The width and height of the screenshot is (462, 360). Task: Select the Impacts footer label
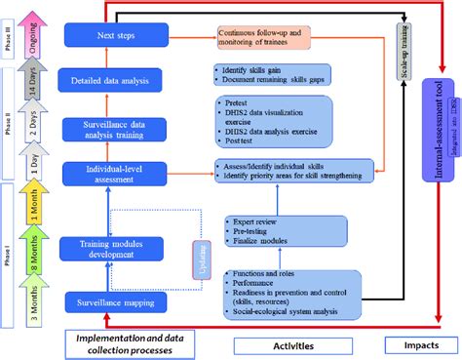tap(421, 343)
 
